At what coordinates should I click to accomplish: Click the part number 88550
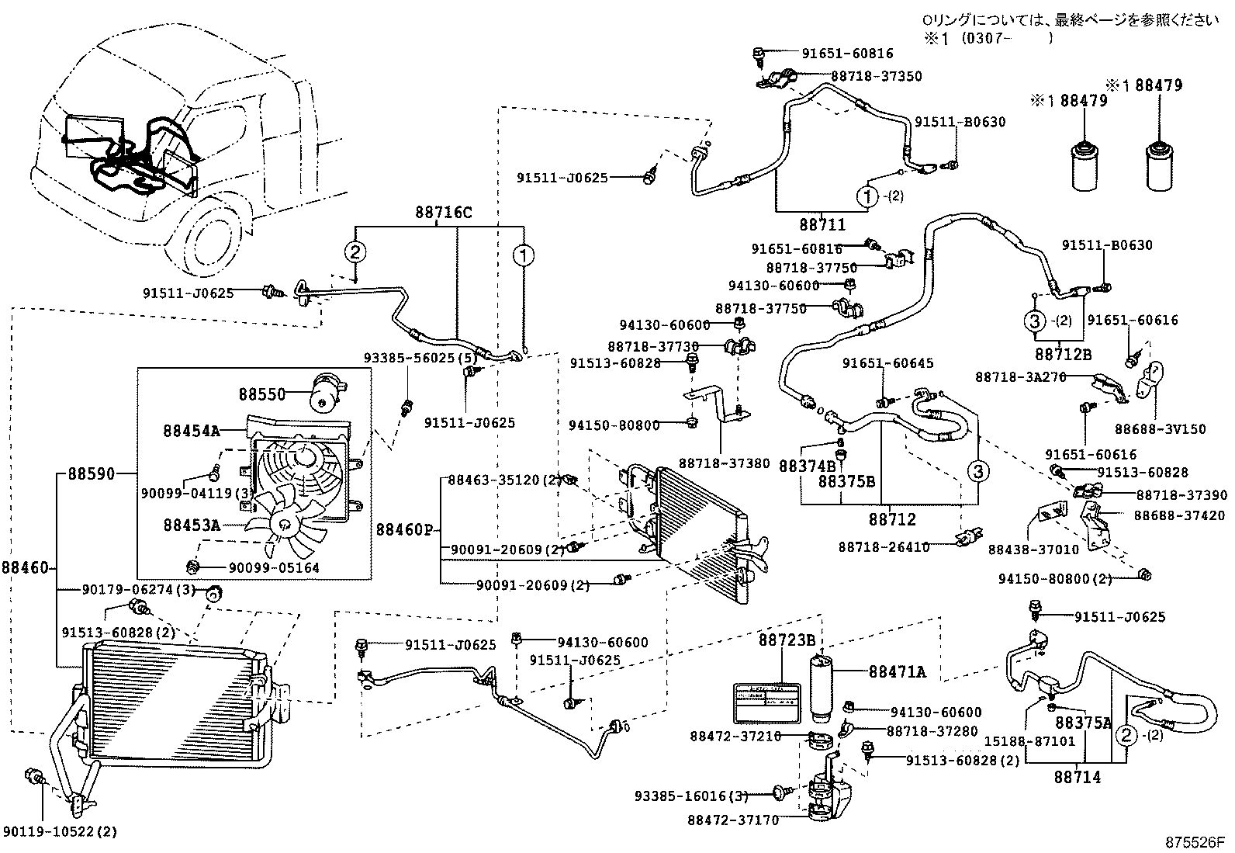[x=262, y=394]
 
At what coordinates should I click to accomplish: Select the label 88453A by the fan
[x=192, y=525]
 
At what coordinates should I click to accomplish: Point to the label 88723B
[x=786, y=640]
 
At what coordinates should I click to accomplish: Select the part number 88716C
[x=443, y=212]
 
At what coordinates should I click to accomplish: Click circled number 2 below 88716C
[x=355, y=251]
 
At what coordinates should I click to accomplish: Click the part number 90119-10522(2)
[x=61, y=832]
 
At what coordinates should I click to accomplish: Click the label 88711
[x=822, y=224]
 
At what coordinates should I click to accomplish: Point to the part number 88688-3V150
[x=1161, y=429]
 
